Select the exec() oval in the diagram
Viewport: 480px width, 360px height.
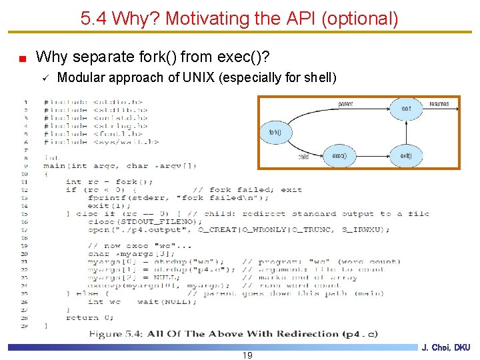[x=339, y=156]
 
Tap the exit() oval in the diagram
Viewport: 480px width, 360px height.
[x=406, y=156]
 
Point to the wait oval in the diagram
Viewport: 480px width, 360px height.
[x=407, y=109]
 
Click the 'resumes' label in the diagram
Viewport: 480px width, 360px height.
[x=439, y=105]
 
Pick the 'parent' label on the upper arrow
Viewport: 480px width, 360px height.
[x=345, y=105]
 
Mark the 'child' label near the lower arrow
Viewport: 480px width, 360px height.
[x=303, y=158]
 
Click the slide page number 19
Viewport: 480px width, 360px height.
[x=247, y=355]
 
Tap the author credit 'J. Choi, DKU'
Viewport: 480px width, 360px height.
[x=446, y=348]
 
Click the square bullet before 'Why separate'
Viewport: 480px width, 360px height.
[x=23, y=59]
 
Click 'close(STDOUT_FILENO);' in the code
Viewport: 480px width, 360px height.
[x=144, y=221]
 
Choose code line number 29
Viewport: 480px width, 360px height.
[x=24, y=325]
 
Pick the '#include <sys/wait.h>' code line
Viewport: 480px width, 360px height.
[x=101, y=141]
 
